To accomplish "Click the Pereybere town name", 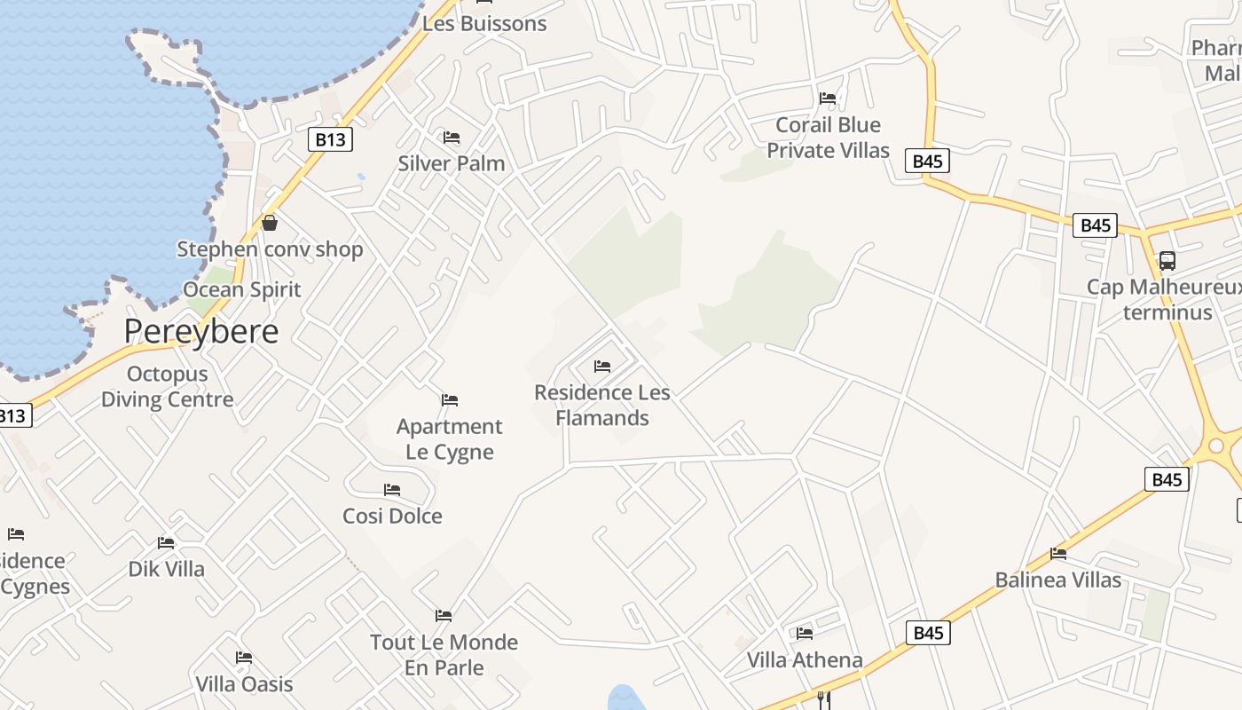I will point(200,331).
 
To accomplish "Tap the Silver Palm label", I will point(451,163).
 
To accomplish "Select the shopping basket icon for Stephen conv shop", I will point(270,223).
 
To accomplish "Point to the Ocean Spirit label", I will point(242,289).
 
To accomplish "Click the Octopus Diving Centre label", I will point(167,387).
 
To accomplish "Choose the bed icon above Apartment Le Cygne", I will point(450,400).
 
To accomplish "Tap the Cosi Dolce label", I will point(392,516).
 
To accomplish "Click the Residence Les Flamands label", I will point(602,405).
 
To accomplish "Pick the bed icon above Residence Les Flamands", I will point(602,366).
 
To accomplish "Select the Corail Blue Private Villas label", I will point(828,138).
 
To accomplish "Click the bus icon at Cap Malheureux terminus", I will point(1167,261).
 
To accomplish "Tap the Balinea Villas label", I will point(1057,580).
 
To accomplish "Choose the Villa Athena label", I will point(805,659).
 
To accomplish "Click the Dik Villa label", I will point(167,569).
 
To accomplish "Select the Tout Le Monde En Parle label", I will point(444,654).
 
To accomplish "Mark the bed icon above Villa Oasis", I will point(244,658).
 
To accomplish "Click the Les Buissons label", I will point(484,24).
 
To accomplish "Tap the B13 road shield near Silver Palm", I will point(330,139).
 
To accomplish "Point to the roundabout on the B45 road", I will point(1215,446).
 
